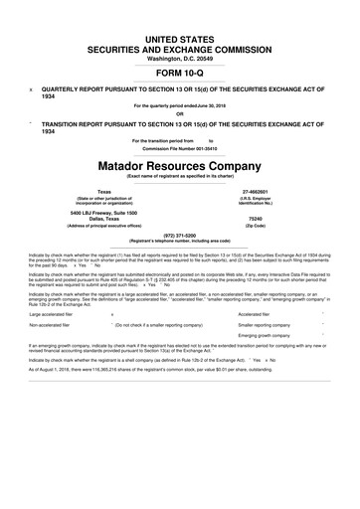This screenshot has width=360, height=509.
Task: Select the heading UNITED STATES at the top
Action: coord(180,37)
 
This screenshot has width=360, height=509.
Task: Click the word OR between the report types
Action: coord(180,112)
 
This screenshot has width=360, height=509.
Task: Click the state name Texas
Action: coord(105,190)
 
